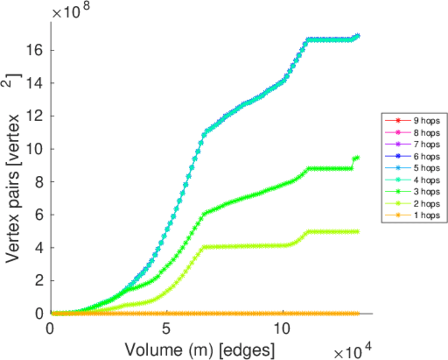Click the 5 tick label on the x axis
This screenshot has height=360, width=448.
click(167, 329)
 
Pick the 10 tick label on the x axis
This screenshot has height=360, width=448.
click(282, 329)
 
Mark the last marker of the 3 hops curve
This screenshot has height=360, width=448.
click(357, 158)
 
